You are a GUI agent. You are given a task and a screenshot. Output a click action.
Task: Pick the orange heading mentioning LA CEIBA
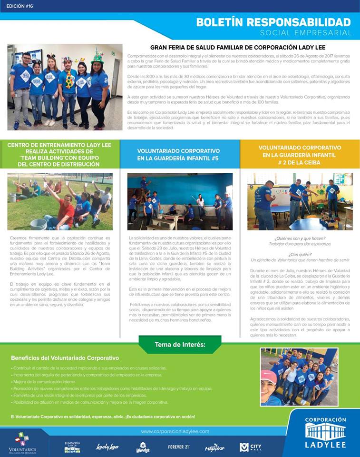tap(300, 155)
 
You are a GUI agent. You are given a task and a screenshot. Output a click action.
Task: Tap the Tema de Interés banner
tap(180, 344)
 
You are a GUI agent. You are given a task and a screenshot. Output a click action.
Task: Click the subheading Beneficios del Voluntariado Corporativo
tap(65, 358)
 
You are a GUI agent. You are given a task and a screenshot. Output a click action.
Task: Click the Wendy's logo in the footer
tap(143, 447)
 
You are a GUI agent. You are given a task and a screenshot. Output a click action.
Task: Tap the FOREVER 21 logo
tap(179, 447)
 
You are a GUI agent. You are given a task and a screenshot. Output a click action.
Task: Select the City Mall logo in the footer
tap(251, 447)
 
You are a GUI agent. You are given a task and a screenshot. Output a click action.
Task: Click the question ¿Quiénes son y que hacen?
tap(300, 238)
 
